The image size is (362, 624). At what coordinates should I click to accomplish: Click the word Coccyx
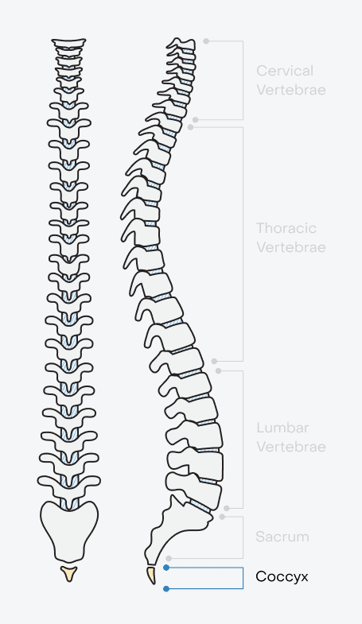click(282, 576)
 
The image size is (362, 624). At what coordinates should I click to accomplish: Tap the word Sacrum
click(282, 537)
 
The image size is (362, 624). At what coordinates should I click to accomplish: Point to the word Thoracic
click(286, 228)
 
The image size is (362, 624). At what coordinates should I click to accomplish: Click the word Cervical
click(284, 71)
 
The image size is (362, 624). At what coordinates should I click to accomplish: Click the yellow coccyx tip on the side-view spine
click(151, 574)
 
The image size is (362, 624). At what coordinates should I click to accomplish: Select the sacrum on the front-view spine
click(69, 529)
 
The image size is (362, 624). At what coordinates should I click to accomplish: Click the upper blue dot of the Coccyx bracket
click(166, 568)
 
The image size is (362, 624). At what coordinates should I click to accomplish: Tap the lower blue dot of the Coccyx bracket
click(166, 589)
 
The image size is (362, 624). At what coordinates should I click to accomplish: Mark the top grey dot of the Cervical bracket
click(206, 40)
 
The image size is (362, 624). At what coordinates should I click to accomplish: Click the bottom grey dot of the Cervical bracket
click(196, 119)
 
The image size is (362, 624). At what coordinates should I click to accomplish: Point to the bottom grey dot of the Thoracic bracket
click(215, 362)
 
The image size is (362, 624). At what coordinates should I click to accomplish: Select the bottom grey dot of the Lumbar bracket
click(227, 508)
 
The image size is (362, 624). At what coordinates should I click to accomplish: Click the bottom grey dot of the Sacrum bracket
click(169, 559)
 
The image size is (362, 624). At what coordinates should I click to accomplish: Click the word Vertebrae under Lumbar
click(290, 447)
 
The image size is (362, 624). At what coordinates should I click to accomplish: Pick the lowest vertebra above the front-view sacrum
click(70, 483)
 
